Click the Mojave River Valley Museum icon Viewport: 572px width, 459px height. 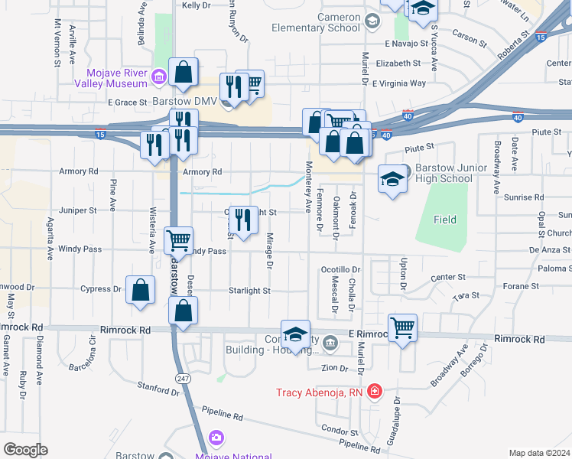point(158,75)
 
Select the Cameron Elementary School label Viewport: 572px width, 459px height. point(317,23)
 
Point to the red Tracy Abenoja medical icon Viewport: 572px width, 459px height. point(374,392)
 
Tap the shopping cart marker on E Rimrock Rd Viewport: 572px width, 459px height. point(402,327)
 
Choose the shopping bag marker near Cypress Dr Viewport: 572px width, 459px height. point(140,290)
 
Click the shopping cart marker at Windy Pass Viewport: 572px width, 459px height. point(179,240)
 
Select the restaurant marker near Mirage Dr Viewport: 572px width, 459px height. point(243,220)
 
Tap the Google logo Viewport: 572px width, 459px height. point(25,450)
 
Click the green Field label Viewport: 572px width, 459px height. point(445,220)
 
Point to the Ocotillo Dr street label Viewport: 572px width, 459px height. point(340,269)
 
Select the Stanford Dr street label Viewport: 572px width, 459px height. point(158,388)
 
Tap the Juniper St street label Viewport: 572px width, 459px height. point(78,209)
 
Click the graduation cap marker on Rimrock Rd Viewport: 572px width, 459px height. point(295,334)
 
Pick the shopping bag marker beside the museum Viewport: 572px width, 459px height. point(184,72)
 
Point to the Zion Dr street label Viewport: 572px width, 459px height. point(334,368)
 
